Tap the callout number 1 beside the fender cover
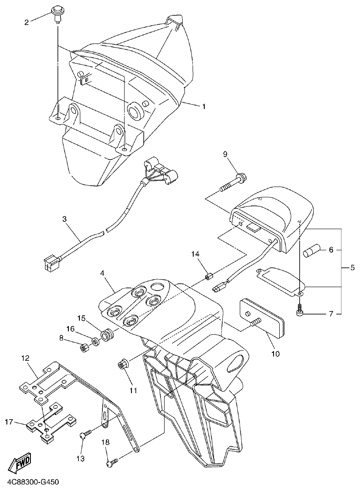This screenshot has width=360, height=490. pyautogui.click(x=204, y=106)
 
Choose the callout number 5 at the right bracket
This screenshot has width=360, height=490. pyautogui.click(x=352, y=268)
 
